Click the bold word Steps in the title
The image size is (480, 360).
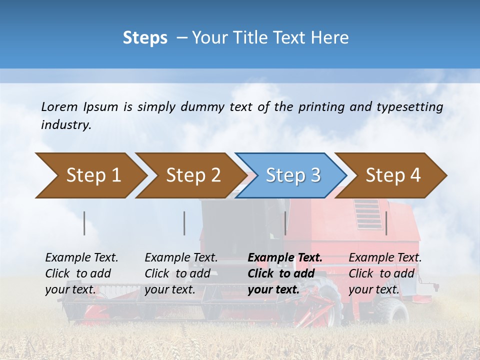[145, 38]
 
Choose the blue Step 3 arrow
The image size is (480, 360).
[293, 175]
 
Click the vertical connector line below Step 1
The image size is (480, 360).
[84, 223]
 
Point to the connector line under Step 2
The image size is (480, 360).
[184, 223]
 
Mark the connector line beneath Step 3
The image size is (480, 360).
[285, 223]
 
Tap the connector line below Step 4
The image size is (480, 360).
[386, 223]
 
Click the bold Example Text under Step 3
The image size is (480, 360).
[285, 273]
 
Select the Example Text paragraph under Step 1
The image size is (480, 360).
[81, 273]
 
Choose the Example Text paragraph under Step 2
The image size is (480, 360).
[181, 273]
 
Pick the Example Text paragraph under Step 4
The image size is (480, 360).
[385, 273]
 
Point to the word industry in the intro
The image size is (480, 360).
[65, 125]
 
